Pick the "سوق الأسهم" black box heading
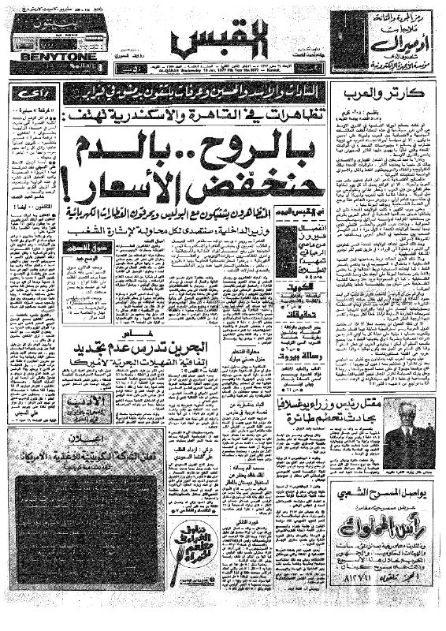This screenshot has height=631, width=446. (84, 249)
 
